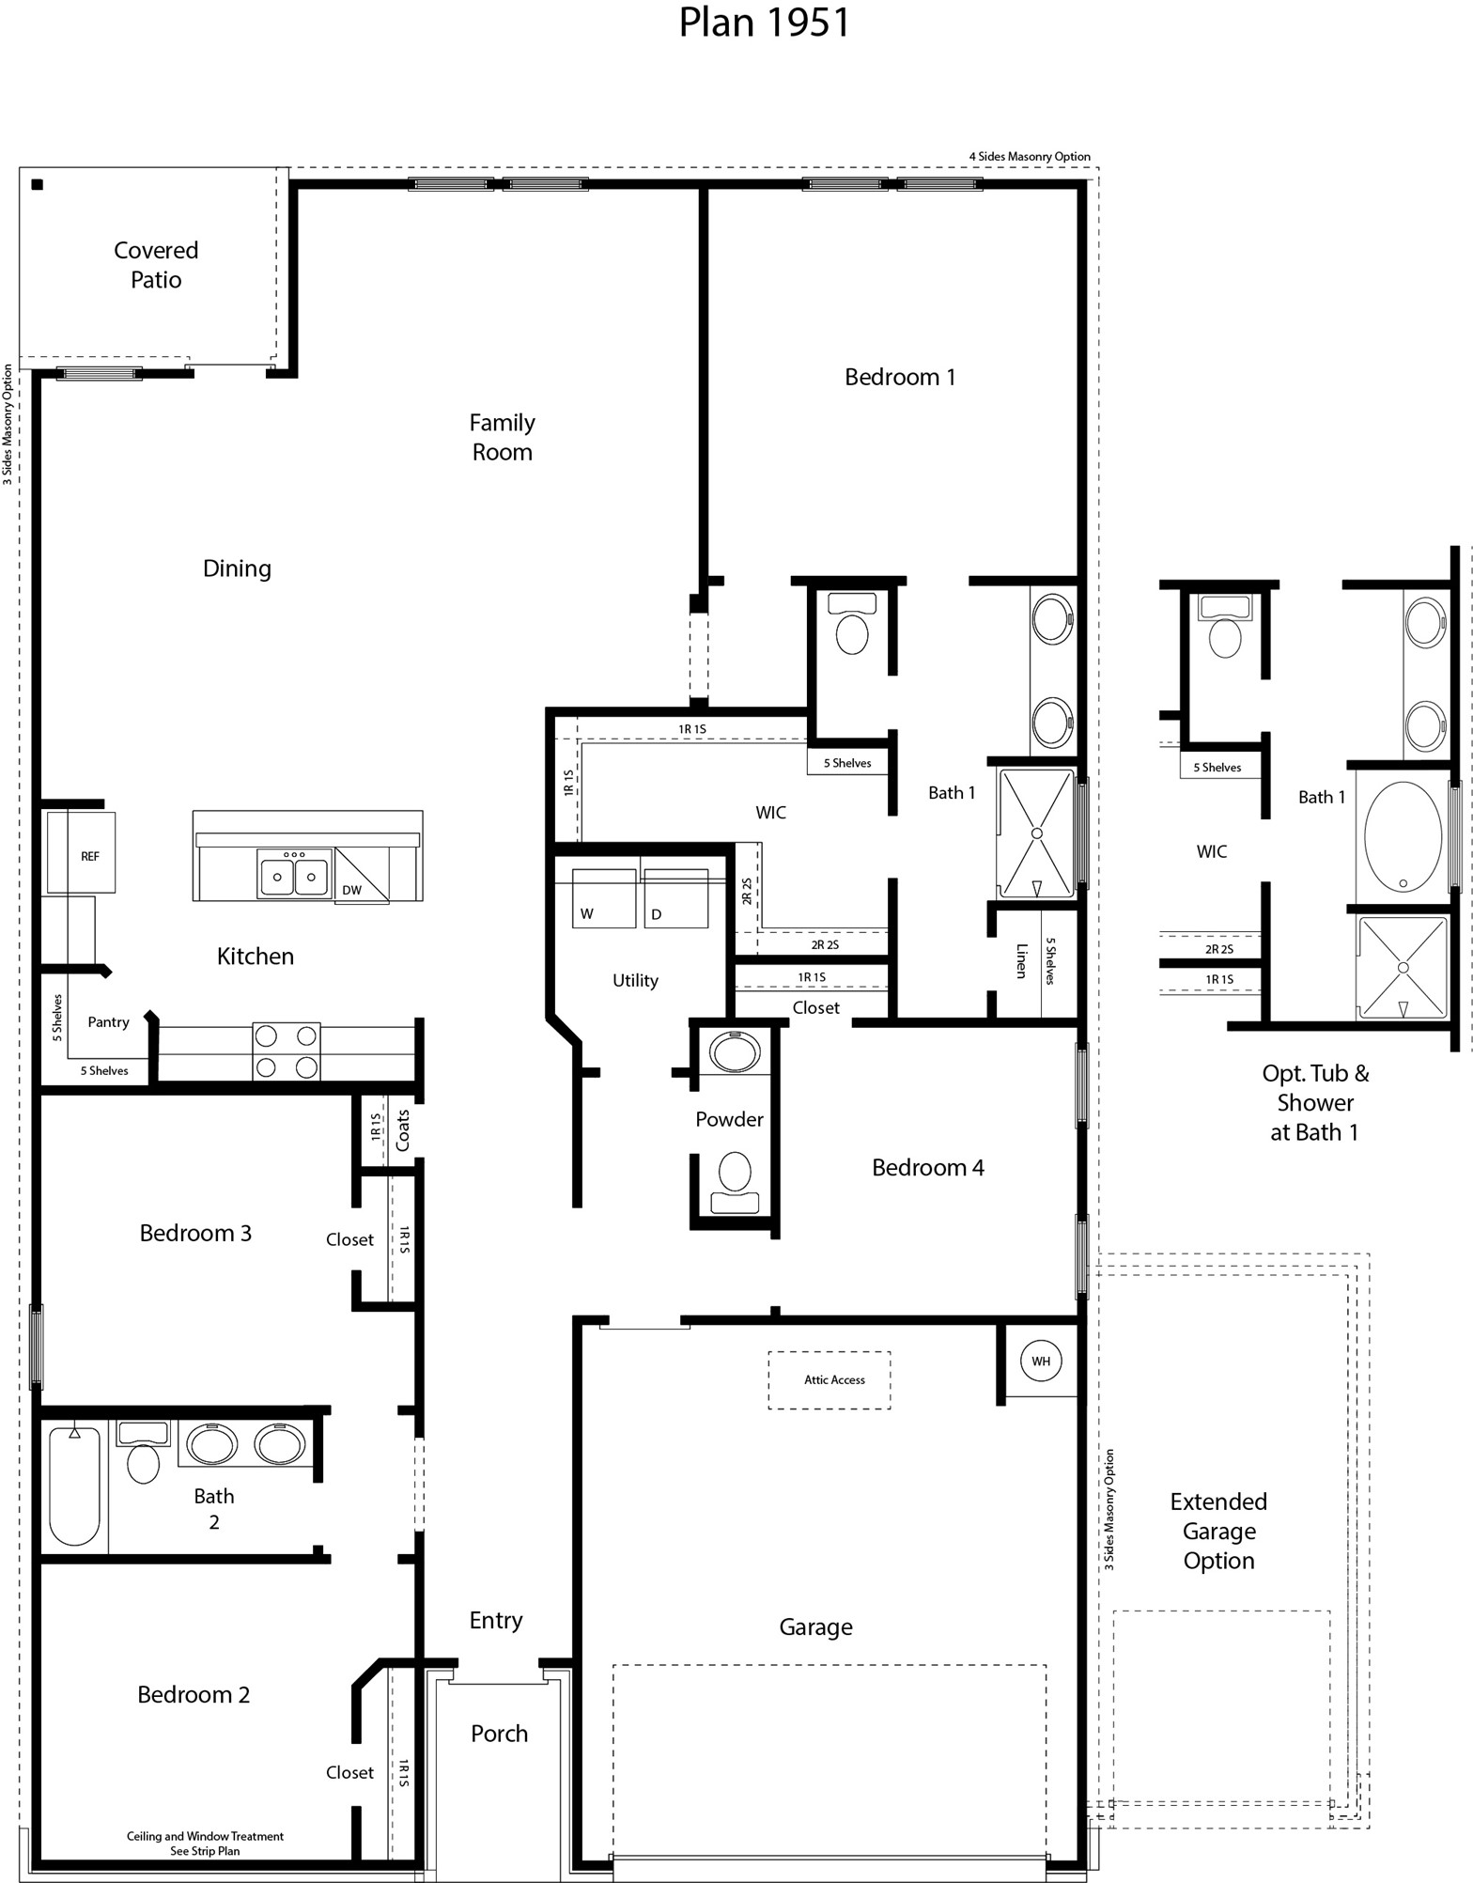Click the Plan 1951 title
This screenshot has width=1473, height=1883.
[x=764, y=23]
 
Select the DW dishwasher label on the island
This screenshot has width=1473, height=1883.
[x=351, y=890]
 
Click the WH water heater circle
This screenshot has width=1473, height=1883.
[x=1041, y=1361]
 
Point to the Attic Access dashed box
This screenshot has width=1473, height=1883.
[x=830, y=1379]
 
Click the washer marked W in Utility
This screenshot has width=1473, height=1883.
[x=604, y=900]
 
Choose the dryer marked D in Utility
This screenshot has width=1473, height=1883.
[x=675, y=900]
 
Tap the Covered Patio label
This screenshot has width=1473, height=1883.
[x=156, y=265]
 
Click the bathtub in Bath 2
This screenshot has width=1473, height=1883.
[x=74, y=1487]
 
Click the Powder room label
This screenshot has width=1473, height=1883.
[x=729, y=1119]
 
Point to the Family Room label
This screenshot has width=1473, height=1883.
[x=503, y=437]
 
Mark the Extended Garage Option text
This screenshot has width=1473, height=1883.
[x=1218, y=1531]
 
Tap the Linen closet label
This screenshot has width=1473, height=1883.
[x=1021, y=961]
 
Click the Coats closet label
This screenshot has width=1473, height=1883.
[x=403, y=1130]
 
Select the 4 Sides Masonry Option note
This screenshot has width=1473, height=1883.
[x=1030, y=157]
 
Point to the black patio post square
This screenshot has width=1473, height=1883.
[x=38, y=184]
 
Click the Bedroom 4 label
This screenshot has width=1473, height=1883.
[x=927, y=1167]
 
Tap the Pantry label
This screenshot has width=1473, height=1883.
[x=108, y=1022]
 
